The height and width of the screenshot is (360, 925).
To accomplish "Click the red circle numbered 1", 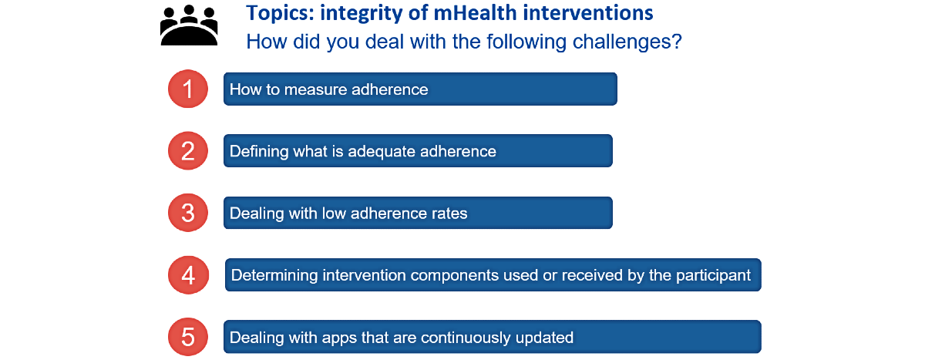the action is pyautogui.click(x=188, y=89).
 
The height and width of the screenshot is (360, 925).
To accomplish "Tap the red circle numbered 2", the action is pyautogui.click(x=188, y=150).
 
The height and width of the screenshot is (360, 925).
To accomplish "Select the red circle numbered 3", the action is pyautogui.click(x=188, y=213).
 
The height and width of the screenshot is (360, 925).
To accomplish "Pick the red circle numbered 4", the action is pyautogui.click(x=188, y=275).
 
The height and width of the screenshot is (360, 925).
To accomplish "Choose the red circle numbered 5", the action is pyautogui.click(x=188, y=337).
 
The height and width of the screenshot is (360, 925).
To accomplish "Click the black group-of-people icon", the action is pyautogui.click(x=189, y=25).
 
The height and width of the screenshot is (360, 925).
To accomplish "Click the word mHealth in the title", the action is pyautogui.click(x=475, y=13).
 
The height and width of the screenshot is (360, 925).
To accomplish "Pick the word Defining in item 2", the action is pyautogui.click(x=259, y=152).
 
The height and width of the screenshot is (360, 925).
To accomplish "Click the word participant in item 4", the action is pyautogui.click(x=713, y=276).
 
